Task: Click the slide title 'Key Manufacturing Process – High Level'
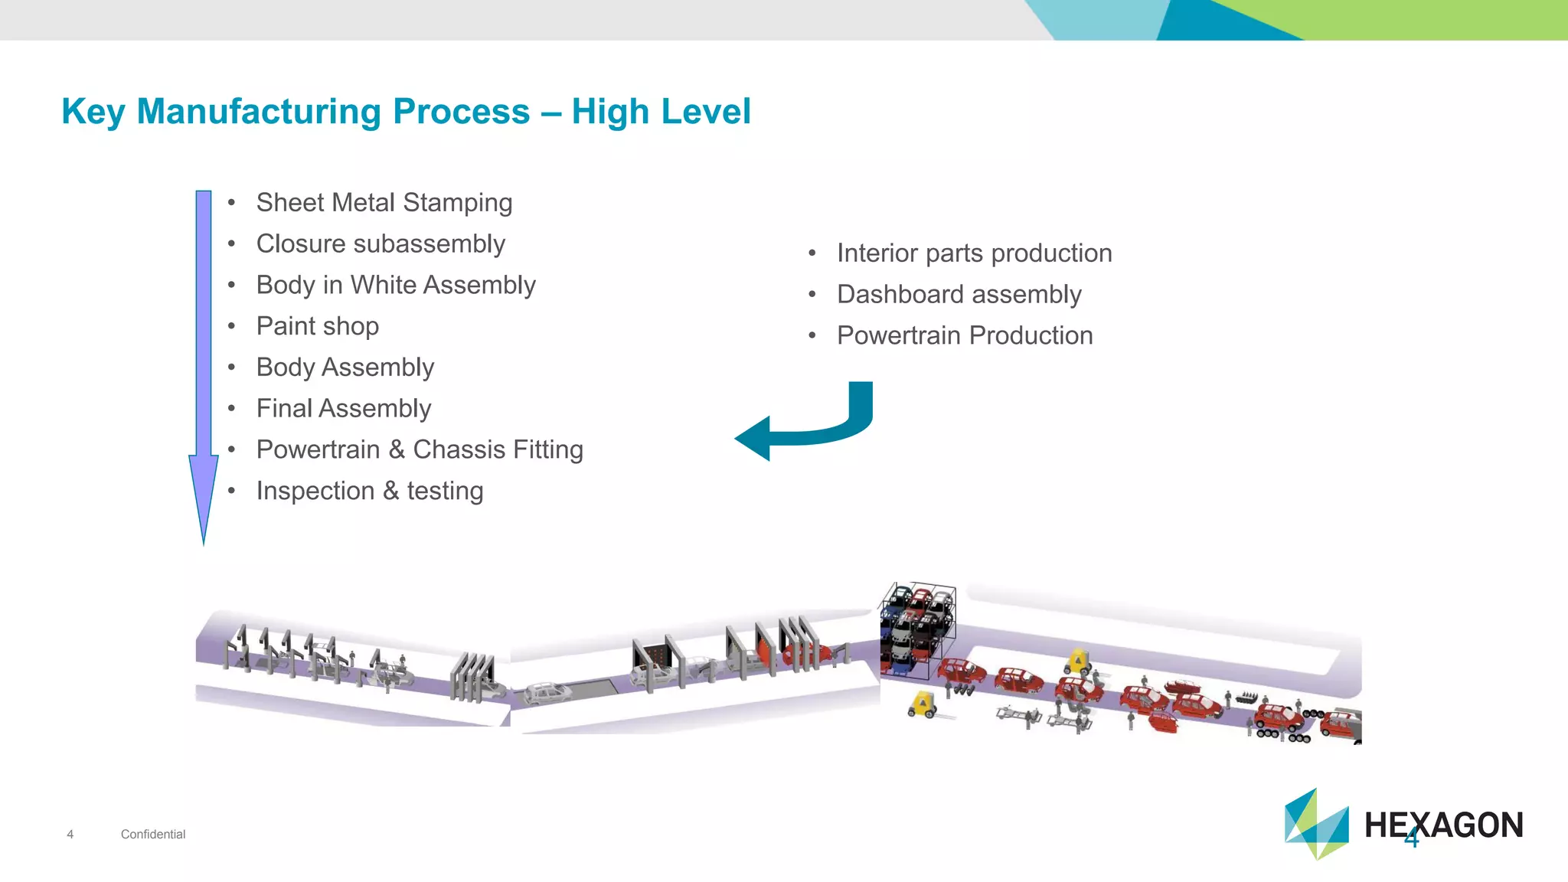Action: click(406, 112)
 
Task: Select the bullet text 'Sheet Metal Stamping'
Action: click(384, 203)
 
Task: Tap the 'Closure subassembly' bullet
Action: click(381, 244)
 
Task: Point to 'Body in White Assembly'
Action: click(396, 286)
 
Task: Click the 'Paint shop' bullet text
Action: click(317, 326)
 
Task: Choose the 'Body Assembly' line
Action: click(345, 367)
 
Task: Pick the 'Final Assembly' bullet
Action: click(343, 409)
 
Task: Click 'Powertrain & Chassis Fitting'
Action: click(420, 450)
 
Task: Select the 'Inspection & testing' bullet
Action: click(369, 492)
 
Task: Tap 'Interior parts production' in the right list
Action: click(974, 253)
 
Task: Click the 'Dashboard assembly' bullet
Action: click(959, 295)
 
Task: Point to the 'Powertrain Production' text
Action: click(965, 336)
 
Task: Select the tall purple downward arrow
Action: click(204, 360)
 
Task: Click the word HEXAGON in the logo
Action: click(1444, 825)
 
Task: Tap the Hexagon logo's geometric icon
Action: click(1316, 825)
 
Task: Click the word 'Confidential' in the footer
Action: click(153, 835)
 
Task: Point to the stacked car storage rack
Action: click(916, 629)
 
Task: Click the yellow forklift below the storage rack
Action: click(923, 704)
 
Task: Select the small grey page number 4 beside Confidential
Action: click(70, 835)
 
